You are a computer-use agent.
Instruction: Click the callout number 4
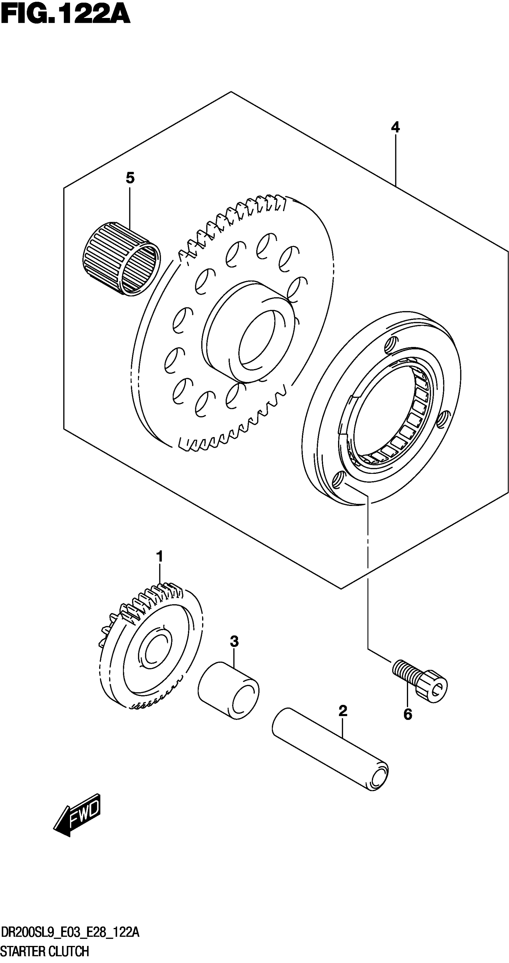coord(395,128)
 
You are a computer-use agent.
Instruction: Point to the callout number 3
coord(234,642)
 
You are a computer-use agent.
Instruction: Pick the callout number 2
coord(343,711)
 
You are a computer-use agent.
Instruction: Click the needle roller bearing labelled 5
coord(121,258)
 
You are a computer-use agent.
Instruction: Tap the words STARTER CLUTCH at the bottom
coord(45,951)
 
